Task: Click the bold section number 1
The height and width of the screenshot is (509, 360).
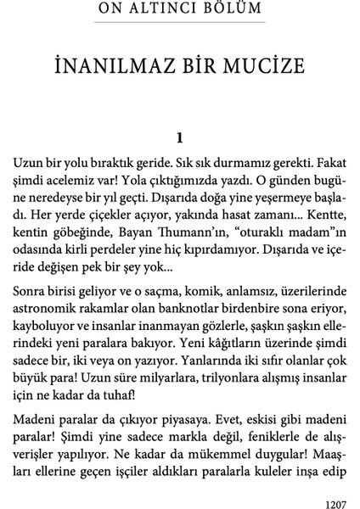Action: (x=179, y=136)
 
